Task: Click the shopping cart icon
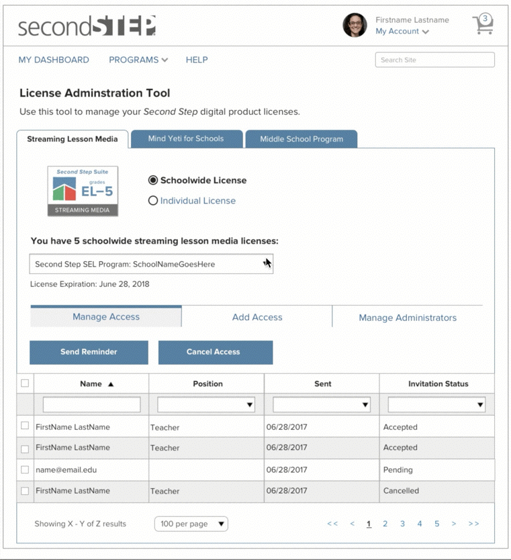[x=483, y=24]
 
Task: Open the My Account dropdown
[x=402, y=32]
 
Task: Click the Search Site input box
[x=434, y=60]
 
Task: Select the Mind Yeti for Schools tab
[x=186, y=139]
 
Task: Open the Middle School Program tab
[x=301, y=139]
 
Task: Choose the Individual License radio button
[x=153, y=201]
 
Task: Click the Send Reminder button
[x=89, y=352]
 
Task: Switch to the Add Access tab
[x=257, y=317]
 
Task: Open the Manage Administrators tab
[x=408, y=318]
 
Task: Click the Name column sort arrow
[x=111, y=384]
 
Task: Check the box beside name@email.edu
[x=25, y=470]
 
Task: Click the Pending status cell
[x=398, y=470]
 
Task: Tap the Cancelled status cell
[x=401, y=491]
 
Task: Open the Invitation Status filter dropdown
[x=436, y=405]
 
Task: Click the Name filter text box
[x=91, y=405]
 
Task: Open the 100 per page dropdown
[x=191, y=524]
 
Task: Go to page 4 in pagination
[x=420, y=524]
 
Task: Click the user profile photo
[x=355, y=26]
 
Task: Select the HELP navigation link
[x=197, y=60]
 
